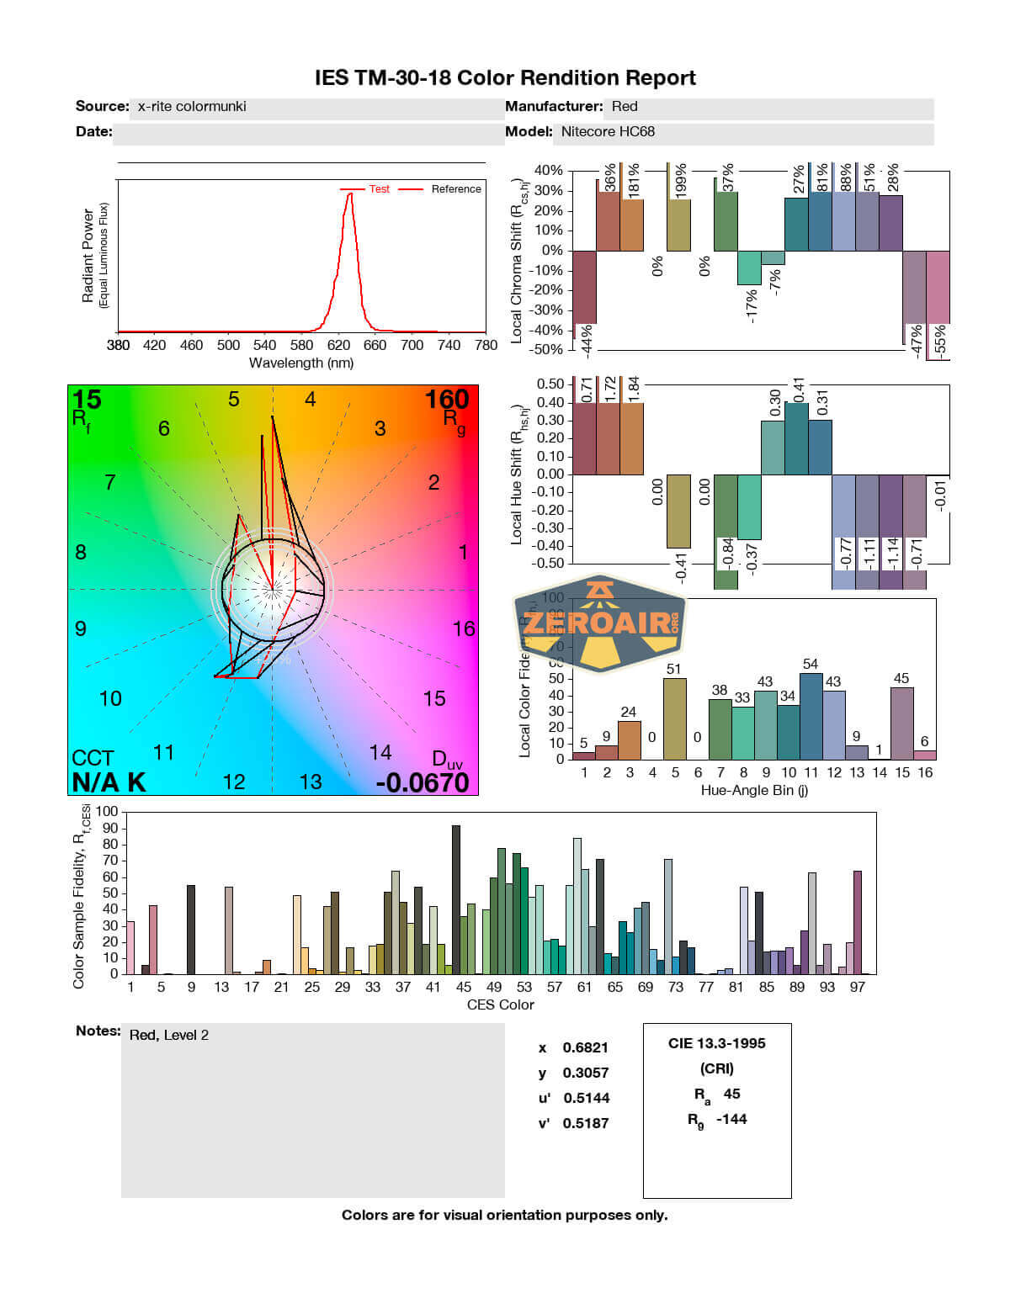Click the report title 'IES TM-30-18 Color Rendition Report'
click(505, 78)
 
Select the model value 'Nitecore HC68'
click(608, 131)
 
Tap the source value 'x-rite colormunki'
click(192, 106)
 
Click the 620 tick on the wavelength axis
click(338, 344)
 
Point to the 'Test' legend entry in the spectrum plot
click(379, 189)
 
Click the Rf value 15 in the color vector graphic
click(87, 400)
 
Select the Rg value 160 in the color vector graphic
click(447, 400)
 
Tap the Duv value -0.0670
click(422, 782)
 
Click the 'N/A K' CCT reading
click(109, 782)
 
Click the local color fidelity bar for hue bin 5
click(674, 718)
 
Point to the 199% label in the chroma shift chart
click(681, 179)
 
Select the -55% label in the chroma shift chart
click(940, 340)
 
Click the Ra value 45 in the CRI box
click(731, 1094)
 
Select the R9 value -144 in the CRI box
click(731, 1119)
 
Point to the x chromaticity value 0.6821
click(585, 1047)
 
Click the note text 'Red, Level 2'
click(169, 1035)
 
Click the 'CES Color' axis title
click(500, 1005)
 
